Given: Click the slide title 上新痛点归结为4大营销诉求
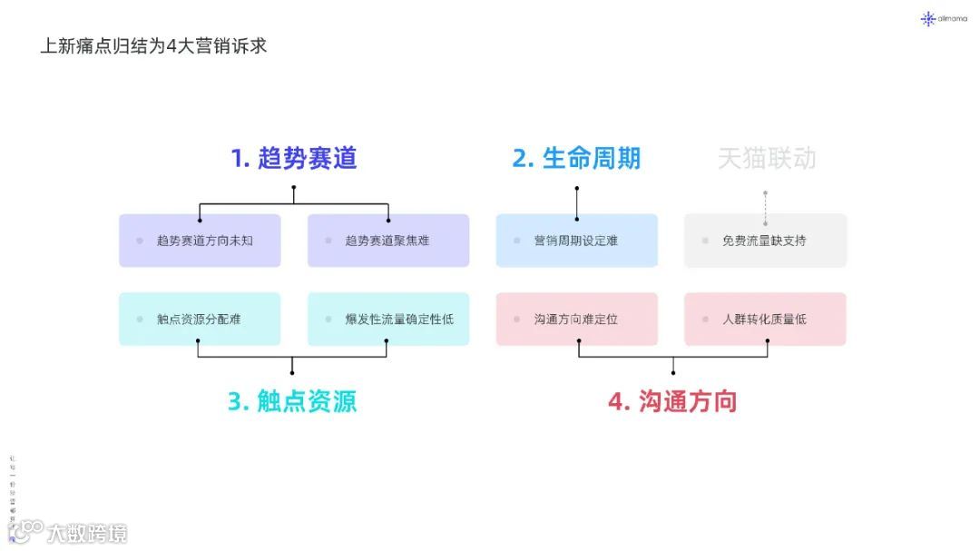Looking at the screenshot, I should (x=153, y=45).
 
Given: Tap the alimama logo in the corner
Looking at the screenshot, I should (x=944, y=18).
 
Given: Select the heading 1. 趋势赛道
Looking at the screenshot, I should (x=294, y=158).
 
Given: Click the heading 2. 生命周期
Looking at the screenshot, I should (x=576, y=158).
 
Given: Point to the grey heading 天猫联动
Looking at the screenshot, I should (x=767, y=159).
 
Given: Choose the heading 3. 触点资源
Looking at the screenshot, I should (x=292, y=401).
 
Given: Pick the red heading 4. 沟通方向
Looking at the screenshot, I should (x=672, y=401).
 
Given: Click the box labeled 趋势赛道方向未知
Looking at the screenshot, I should (x=200, y=241).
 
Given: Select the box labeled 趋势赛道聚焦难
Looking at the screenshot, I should (x=388, y=241).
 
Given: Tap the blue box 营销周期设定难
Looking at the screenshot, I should (x=576, y=241).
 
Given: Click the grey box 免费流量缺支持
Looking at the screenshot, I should (x=765, y=241).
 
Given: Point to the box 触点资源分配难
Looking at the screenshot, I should (x=200, y=319).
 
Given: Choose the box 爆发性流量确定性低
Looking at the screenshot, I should (x=388, y=319).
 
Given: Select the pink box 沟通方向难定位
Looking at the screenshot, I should (x=576, y=319).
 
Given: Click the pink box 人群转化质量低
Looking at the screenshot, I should (x=765, y=319).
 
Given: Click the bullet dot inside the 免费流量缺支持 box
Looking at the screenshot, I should (x=705, y=241).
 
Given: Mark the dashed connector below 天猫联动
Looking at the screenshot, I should (x=765, y=208).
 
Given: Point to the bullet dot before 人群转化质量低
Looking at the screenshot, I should (x=705, y=320).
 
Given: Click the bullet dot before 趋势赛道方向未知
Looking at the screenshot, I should (x=140, y=241).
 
